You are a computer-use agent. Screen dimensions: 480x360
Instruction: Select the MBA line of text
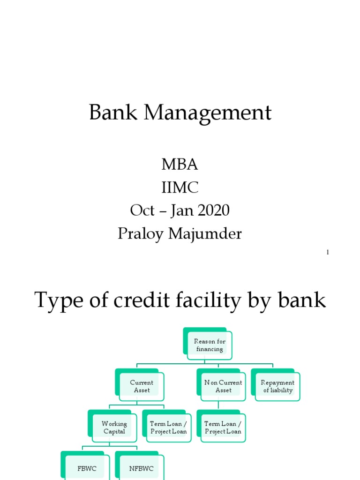[180, 165]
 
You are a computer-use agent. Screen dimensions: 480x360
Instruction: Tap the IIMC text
[180, 187]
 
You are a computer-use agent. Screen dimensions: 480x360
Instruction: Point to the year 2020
[213, 210]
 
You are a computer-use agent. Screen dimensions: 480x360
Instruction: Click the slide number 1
[328, 253]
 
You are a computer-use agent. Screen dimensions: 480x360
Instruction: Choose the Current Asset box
[141, 386]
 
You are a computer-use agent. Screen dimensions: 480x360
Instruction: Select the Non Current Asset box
[223, 386]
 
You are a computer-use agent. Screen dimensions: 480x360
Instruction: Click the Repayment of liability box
[277, 386]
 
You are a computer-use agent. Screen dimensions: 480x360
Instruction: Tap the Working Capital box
[114, 427]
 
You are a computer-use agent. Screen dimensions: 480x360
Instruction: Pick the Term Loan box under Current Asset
[168, 427]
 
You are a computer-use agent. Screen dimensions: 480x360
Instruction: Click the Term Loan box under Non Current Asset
[223, 427]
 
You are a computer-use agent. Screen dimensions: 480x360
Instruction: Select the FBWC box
[87, 468]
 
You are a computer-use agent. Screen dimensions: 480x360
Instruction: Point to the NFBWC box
[141, 468]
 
